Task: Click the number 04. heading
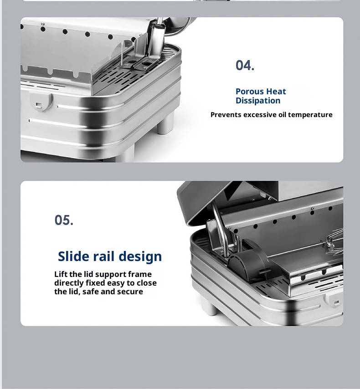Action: (245, 66)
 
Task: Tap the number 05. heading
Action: (64, 220)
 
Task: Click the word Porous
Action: (248, 92)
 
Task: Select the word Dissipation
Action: (258, 101)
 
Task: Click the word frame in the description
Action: (140, 274)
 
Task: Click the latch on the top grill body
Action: (41, 102)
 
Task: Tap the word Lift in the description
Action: (61, 274)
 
